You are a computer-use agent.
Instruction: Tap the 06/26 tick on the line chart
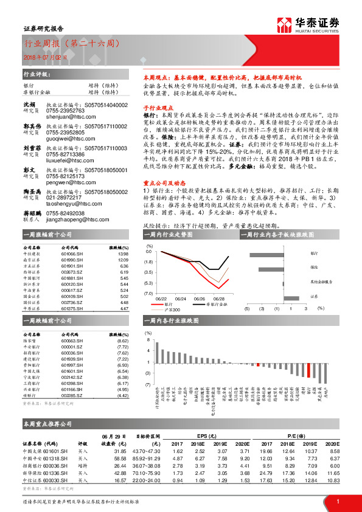click(181, 299)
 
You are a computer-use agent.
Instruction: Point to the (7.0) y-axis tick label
click(149, 293)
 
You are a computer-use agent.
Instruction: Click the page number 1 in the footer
click(337, 501)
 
